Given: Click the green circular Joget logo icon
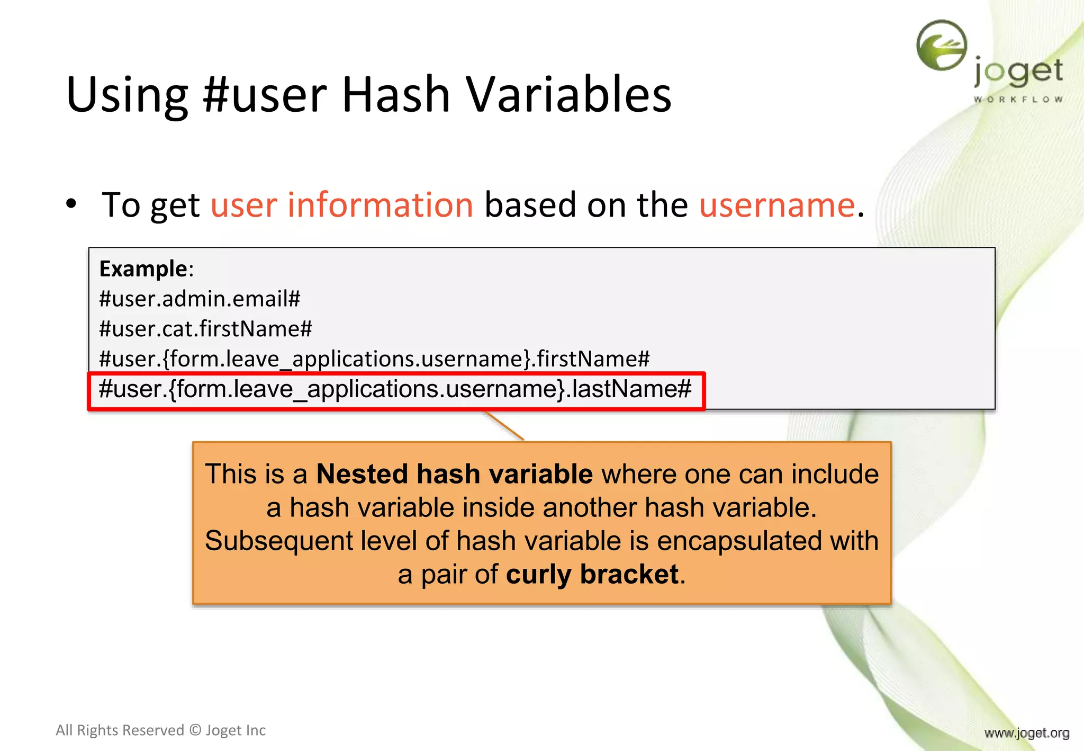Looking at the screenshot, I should pyautogui.click(x=942, y=45).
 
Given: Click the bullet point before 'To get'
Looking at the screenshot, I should pyautogui.click(x=71, y=204).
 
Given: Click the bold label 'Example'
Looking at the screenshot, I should pyautogui.click(x=143, y=269).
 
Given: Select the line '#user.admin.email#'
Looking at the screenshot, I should pyautogui.click(x=200, y=299).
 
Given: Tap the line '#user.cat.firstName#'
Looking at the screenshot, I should pyautogui.click(x=205, y=329).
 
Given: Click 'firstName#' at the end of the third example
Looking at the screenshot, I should pyautogui.click(x=593, y=359).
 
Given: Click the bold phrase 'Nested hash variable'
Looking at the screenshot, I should pyautogui.click(x=454, y=473).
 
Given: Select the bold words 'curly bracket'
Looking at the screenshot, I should pyautogui.click(x=592, y=574).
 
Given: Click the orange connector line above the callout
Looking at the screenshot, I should pyautogui.click(x=504, y=425).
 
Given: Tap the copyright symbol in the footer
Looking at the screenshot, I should pyautogui.click(x=195, y=730).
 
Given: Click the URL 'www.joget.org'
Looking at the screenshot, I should pyautogui.click(x=1026, y=733).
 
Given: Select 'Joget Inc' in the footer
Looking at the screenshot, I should pyautogui.click(x=236, y=730).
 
